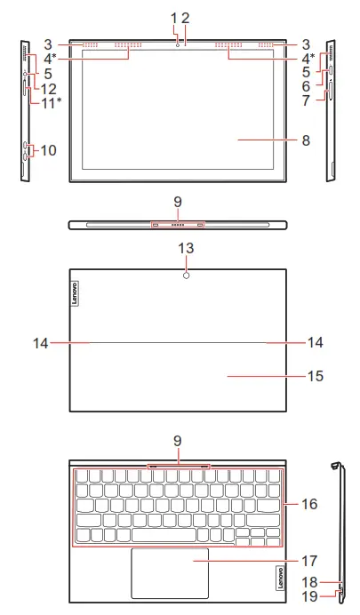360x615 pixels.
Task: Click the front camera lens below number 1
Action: click(x=178, y=45)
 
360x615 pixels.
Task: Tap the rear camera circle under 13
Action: click(x=187, y=276)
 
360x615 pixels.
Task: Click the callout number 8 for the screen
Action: click(x=306, y=140)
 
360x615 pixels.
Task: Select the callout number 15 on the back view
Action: click(x=316, y=376)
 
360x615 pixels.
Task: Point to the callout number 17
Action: click(x=309, y=561)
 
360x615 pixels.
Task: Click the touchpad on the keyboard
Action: click(x=170, y=573)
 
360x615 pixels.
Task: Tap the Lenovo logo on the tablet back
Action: click(x=74, y=293)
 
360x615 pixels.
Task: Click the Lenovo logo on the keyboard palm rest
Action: click(x=280, y=577)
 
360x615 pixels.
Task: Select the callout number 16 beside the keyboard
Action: click(x=309, y=504)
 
